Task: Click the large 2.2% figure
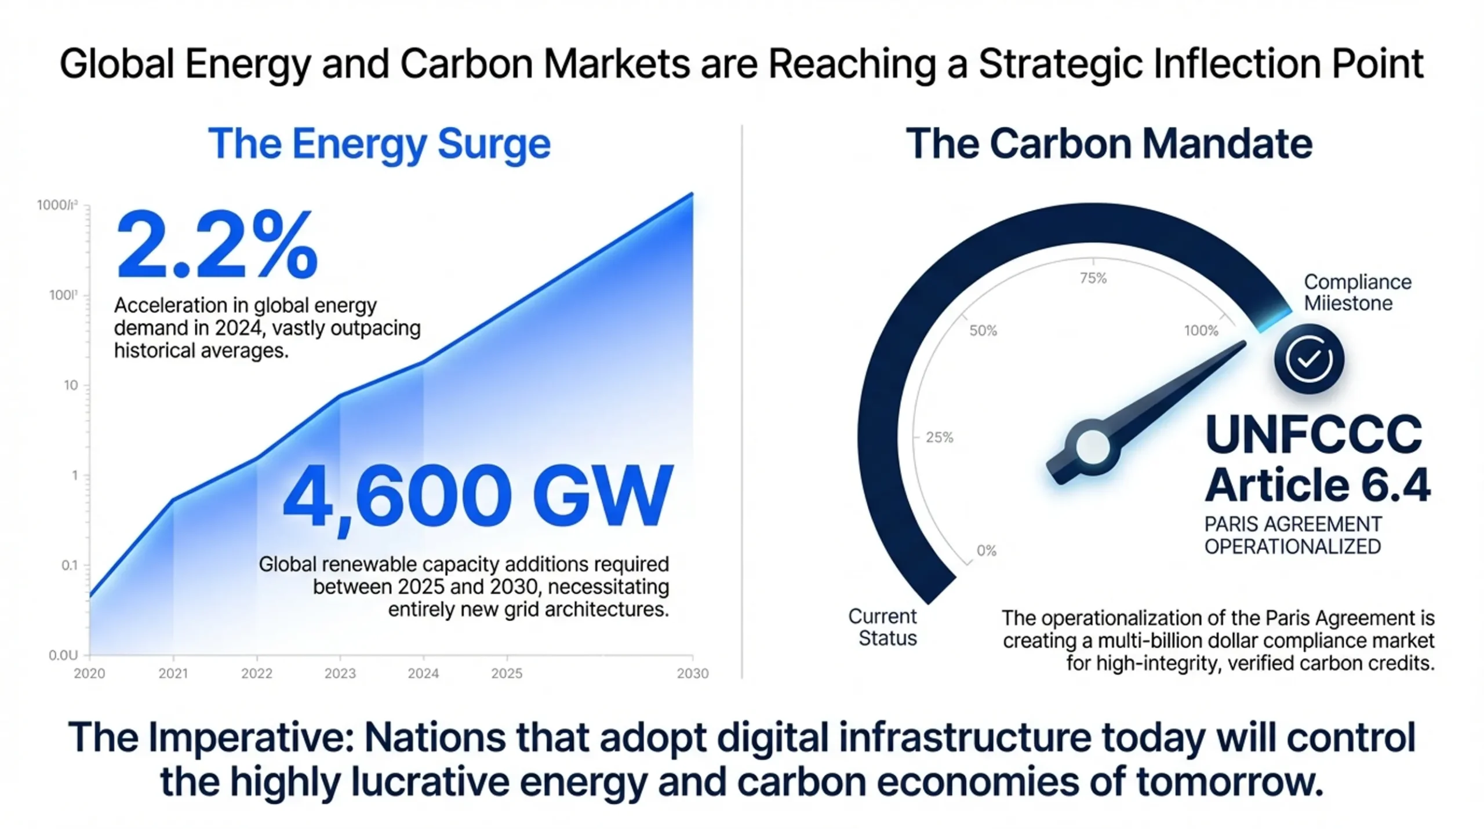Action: tap(217, 246)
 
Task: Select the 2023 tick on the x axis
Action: tap(340, 673)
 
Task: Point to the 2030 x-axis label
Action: tap(693, 673)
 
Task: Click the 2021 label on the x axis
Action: tap(173, 673)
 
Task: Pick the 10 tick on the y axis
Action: tap(71, 385)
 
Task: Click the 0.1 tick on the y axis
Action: tap(70, 565)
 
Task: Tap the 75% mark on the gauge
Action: tap(1093, 279)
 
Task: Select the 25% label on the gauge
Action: tap(939, 437)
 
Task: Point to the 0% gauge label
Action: tap(987, 550)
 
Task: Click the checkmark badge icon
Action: tap(1309, 359)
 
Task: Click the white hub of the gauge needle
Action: tap(1093, 447)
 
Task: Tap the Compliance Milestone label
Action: tap(1358, 293)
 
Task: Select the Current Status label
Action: tap(883, 627)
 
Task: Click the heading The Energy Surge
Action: tap(379, 144)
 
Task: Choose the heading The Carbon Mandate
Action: tap(1109, 144)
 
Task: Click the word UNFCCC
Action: tap(1314, 435)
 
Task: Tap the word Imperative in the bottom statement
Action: tap(251, 738)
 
